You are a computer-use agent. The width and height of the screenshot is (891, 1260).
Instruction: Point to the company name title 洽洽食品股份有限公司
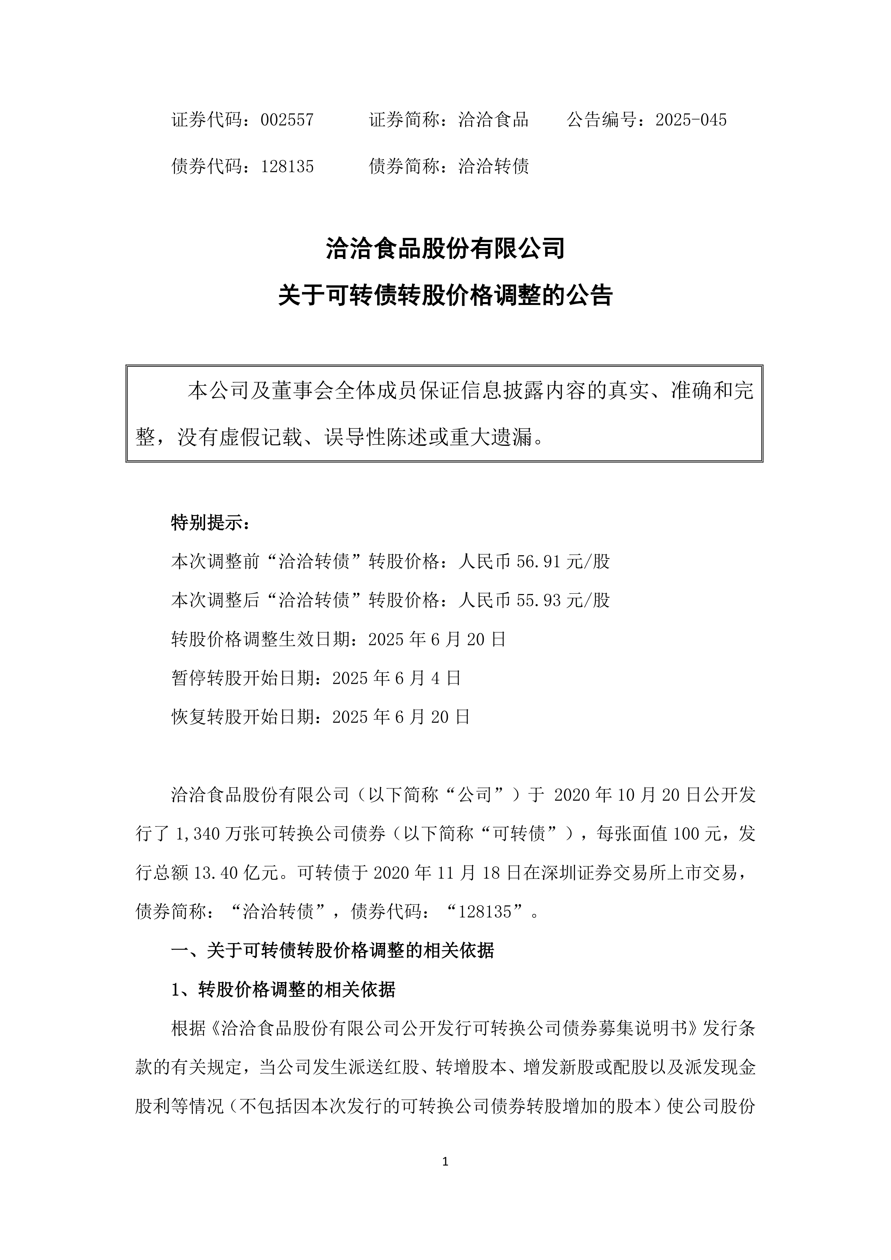[x=445, y=249]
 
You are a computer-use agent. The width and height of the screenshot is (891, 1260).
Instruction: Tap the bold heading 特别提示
[x=211, y=523]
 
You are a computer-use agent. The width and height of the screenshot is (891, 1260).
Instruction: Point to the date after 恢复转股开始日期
[x=401, y=717]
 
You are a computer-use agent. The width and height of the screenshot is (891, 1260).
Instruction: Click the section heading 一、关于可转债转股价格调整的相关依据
[x=333, y=950]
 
